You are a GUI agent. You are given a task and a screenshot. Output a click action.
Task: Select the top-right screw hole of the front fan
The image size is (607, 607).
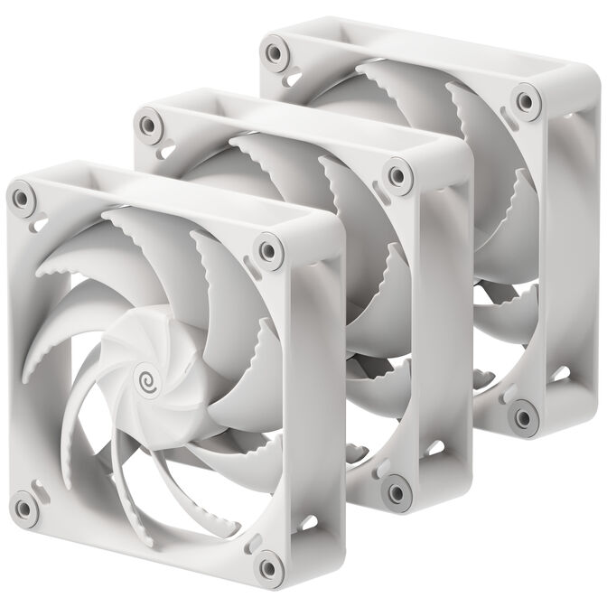click(266, 248)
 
